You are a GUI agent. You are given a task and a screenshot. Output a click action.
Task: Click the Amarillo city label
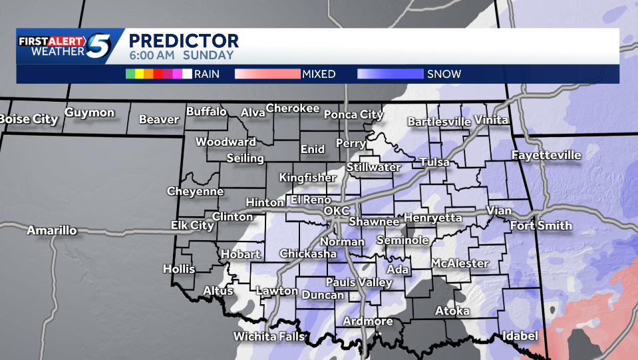[52, 231]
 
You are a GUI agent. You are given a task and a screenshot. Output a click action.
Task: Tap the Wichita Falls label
[268, 337]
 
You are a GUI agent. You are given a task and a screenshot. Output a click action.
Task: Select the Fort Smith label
[541, 226]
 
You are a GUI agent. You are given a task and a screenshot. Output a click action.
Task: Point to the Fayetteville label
[546, 156]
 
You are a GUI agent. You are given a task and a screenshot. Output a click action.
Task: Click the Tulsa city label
[434, 162]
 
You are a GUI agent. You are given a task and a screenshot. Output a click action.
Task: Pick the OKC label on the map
[336, 211]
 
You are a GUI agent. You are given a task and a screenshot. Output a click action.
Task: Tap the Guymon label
[90, 113]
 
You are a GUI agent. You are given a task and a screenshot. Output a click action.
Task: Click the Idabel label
[520, 336]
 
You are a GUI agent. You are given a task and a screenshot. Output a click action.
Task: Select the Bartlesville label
[438, 122]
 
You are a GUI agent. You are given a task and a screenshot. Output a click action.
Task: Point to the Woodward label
[226, 142]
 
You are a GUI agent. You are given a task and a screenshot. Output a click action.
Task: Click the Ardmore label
[368, 321]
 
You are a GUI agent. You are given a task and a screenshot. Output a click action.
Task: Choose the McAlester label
[460, 264]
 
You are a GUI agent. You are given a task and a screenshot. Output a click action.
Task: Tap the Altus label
[218, 291]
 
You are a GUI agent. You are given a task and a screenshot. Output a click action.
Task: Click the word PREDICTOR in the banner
[183, 41]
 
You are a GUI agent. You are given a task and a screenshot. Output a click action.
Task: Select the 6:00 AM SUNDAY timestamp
[181, 56]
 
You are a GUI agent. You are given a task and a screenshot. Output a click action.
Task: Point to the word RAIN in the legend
[207, 74]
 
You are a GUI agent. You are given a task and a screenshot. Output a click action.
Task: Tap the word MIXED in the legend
[319, 74]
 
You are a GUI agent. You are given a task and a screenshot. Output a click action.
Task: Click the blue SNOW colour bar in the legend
[391, 74]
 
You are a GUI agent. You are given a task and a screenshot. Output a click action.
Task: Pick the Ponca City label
[353, 114]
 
